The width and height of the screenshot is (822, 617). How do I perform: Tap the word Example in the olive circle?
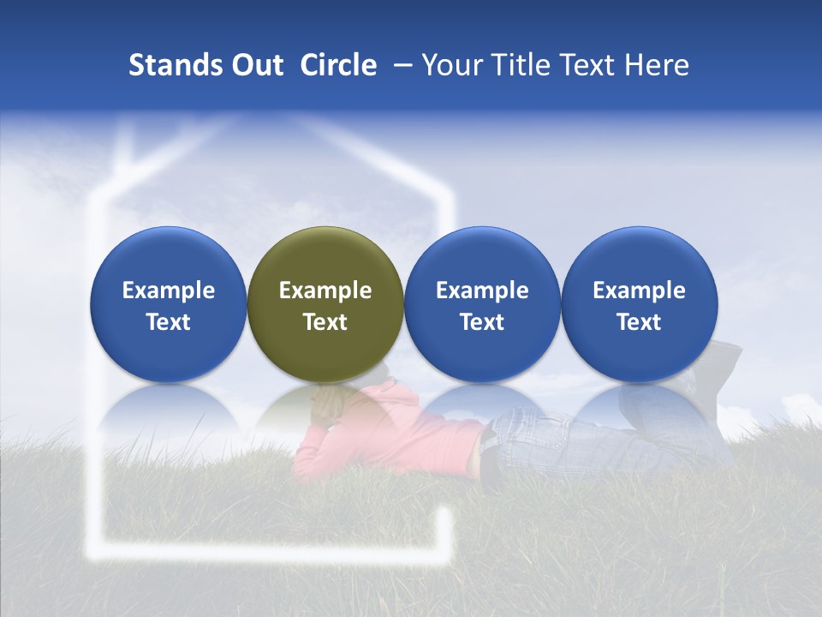325,291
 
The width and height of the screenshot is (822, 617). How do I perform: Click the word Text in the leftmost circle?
168,322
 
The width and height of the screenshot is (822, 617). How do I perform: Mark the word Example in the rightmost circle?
639,291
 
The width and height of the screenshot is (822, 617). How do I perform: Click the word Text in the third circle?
482,322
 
